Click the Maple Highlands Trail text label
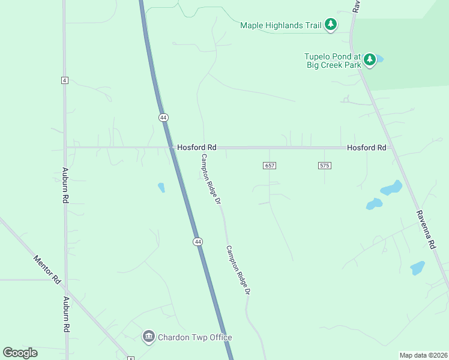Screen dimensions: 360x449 [x=280, y=25]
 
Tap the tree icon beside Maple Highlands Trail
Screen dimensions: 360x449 [x=331, y=25]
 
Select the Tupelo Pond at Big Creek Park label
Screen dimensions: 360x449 [x=332, y=61]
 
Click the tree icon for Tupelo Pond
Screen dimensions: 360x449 [x=370, y=59]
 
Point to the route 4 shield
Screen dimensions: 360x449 [x=65, y=80]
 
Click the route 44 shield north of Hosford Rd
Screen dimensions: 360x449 [x=163, y=118]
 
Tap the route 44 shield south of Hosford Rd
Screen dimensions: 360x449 [x=197, y=241]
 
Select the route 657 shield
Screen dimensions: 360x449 [x=270, y=165]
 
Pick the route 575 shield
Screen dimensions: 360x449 [x=324, y=165]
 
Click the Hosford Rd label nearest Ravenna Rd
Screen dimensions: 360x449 [x=366, y=148]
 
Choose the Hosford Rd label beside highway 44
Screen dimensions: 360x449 [x=196, y=148]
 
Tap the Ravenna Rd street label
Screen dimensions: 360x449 [x=425, y=230]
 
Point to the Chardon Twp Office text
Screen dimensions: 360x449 [x=194, y=337]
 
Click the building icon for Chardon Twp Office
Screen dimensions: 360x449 [x=148, y=337]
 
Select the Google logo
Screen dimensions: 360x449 [x=20, y=353]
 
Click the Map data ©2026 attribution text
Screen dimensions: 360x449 [x=424, y=355]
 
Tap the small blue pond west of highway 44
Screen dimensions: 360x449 [x=161, y=187]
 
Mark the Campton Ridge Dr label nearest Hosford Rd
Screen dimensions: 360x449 [x=211, y=179]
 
